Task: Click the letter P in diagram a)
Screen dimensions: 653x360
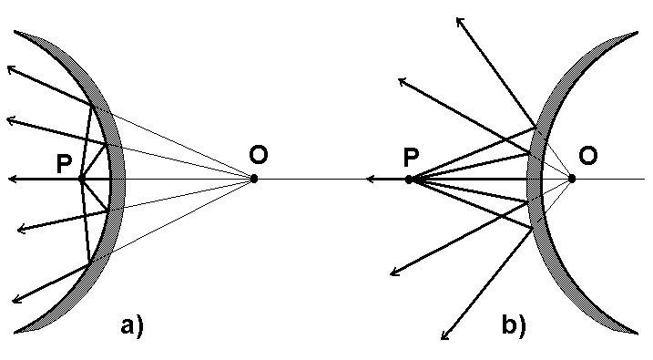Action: pyautogui.click(x=63, y=163)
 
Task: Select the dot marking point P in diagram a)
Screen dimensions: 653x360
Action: pyautogui.click(x=81, y=179)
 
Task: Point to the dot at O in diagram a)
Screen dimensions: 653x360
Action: pyautogui.click(x=254, y=179)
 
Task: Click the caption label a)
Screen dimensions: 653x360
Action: pyautogui.click(x=132, y=324)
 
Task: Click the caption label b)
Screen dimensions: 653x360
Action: pyautogui.click(x=513, y=324)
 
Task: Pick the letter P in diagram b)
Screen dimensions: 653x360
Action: pyautogui.click(x=412, y=158)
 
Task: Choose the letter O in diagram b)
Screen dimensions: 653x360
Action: pyautogui.click(x=588, y=157)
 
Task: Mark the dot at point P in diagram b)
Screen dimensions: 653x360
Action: pyautogui.click(x=409, y=180)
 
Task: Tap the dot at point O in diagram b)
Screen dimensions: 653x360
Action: pyautogui.click(x=571, y=179)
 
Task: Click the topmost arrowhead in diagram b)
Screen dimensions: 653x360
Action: pyautogui.click(x=461, y=19)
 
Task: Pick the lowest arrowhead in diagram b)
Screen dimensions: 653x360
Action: pyautogui.click(x=445, y=336)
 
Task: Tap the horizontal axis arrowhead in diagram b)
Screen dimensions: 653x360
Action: pyautogui.click(x=369, y=180)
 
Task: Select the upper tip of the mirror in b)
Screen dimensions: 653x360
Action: pyautogui.click(x=635, y=34)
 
